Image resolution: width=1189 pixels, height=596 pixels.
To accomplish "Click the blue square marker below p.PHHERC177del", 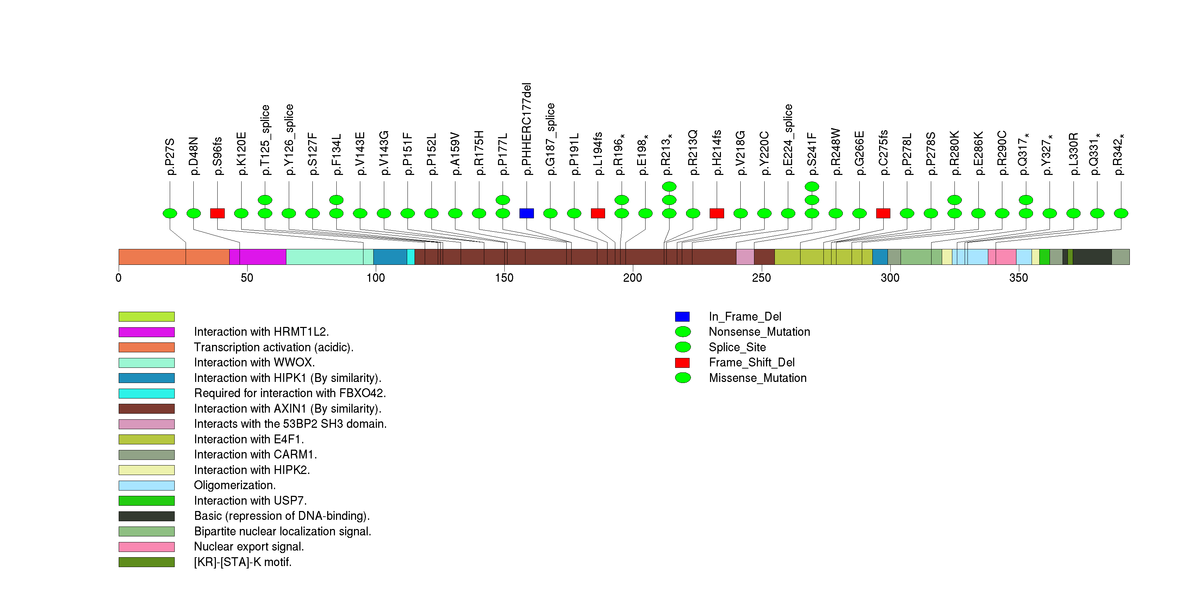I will click(x=526, y=213).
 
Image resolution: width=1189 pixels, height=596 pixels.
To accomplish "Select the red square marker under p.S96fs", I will click(x=217, y=213).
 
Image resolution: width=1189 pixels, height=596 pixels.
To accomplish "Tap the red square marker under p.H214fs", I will click(x=716, y=213).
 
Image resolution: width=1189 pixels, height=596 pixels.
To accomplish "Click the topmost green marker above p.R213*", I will click(x=669, y=186).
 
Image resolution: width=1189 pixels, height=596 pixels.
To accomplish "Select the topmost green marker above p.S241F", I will click(x=811, y=186).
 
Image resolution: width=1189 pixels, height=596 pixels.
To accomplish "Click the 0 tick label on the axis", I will click(x=119, y=278).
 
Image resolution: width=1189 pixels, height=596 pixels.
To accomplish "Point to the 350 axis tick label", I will click(x=1018, y=278).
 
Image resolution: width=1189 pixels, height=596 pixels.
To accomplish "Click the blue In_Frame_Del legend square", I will click(x=682, y=316).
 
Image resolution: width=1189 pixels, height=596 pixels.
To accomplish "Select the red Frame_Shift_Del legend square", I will click(x=682, y=363).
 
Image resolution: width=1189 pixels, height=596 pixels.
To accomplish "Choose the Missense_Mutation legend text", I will click(x=758, y=378).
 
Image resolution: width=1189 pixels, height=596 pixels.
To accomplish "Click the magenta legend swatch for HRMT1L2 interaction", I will click(x=146, y=332).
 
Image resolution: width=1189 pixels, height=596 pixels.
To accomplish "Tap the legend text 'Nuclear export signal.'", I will click(x=249, y=547).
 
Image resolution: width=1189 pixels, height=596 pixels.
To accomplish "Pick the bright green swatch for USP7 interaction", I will click(x=146, y=501).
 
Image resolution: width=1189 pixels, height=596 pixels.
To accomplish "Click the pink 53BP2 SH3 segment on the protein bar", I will click(x=745, y=257).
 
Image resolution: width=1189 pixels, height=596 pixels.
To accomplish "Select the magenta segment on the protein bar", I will click(x=257, y=257).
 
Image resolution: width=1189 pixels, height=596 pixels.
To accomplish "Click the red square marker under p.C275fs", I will click(x=883, y=213).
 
